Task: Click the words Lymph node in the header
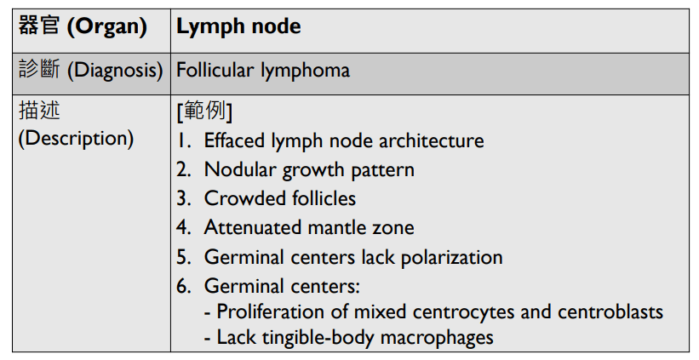pos(238,26)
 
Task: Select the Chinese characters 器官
pos(39,26)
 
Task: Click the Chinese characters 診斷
pos(39,69)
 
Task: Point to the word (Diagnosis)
pos(115,69)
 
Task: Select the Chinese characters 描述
pos(39,111)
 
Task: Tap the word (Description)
pos(76,138)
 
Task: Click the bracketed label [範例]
pos(204,111)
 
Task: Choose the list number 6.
pos(183,286)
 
